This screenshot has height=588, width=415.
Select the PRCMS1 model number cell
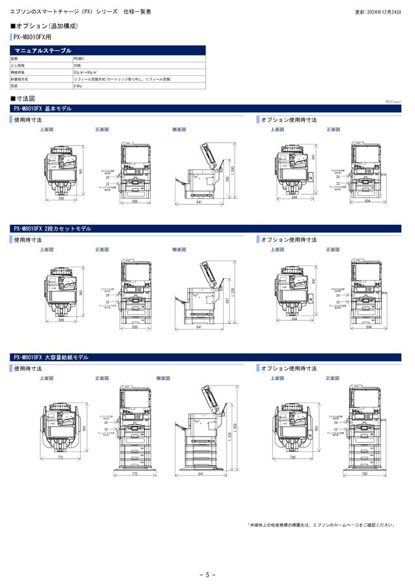82,58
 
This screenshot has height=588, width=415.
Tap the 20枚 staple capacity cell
78,65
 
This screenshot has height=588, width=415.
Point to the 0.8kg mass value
78,86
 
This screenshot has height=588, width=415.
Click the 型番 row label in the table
15,58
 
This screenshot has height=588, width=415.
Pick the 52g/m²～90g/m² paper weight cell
85,72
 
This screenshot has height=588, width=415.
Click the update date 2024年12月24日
378,12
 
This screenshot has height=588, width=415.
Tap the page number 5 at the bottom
207,575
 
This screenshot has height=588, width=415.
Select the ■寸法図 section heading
25,98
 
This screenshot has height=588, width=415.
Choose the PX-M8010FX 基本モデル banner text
42,108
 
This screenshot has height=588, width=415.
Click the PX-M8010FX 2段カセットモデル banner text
52,229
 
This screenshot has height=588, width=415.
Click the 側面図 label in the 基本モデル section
179,130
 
